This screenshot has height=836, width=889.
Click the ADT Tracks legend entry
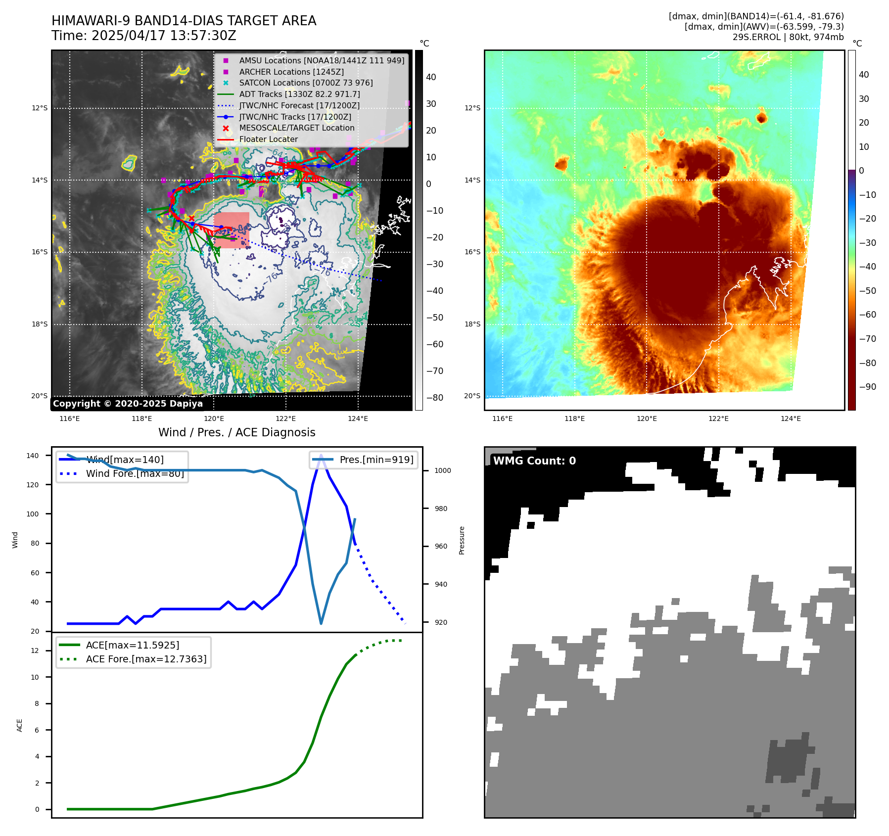[x=299, y=94]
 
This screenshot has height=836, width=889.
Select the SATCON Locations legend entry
[x=306, y=83]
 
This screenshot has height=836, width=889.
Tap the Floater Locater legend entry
[x=268, y=139]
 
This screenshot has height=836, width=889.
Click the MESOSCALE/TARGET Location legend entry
[x=296, y=128]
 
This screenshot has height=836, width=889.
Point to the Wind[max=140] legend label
[x=125, y=460]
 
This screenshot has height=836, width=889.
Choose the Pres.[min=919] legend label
[x=376, y=460]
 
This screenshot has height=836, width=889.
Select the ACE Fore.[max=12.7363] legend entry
[x=146, y=659]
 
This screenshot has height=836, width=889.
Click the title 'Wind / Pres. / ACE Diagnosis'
[x=236, y=432]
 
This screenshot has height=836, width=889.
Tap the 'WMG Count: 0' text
[x=534, y=461]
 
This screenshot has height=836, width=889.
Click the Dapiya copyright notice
[x=128, y=404]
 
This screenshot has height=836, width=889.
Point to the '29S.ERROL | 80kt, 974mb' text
[x=788, y=37]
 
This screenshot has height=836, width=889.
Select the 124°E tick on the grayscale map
[x=358, y=418]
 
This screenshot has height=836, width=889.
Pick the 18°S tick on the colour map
[x=472, y=324]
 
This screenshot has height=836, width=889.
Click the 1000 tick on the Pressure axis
[x=442, y=470]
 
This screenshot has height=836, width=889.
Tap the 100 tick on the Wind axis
[x=33, y=514]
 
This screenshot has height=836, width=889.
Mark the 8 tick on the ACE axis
[x=37, y=703]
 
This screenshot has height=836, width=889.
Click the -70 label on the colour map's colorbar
[x=867, y=339]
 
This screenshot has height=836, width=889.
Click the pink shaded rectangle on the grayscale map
[x=232, y=230]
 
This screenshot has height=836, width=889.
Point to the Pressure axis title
[x=462, y=540]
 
